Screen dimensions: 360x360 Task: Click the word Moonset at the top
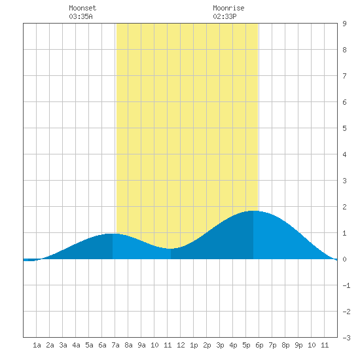[82, 8]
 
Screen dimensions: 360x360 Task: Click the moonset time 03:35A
[81, 16]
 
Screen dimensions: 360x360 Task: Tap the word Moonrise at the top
[228, 8]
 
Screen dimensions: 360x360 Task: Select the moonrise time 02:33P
[225, 16]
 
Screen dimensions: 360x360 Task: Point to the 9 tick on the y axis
[344, 24]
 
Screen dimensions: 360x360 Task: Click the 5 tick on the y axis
[344, 128]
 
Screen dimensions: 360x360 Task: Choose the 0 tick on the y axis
[344, 259]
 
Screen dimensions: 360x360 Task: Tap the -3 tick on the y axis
[346, 338]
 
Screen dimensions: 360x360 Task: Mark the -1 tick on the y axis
[346, 285]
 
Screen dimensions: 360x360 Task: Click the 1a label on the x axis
[37, 345]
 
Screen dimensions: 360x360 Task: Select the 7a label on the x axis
[115, 345]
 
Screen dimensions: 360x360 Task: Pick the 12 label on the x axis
[181, 345]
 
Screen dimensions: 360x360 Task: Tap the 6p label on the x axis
[259, 345]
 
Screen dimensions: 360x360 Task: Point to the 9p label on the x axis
[298, 345]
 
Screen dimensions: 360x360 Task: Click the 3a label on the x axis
[63, 345]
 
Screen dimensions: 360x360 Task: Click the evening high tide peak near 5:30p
[253, 211]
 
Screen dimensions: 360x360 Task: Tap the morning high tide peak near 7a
[113, 234]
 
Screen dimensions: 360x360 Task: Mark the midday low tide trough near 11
[171, 249]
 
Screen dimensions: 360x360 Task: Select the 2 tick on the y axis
[344, 207]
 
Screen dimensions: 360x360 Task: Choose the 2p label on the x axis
[207, 345]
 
